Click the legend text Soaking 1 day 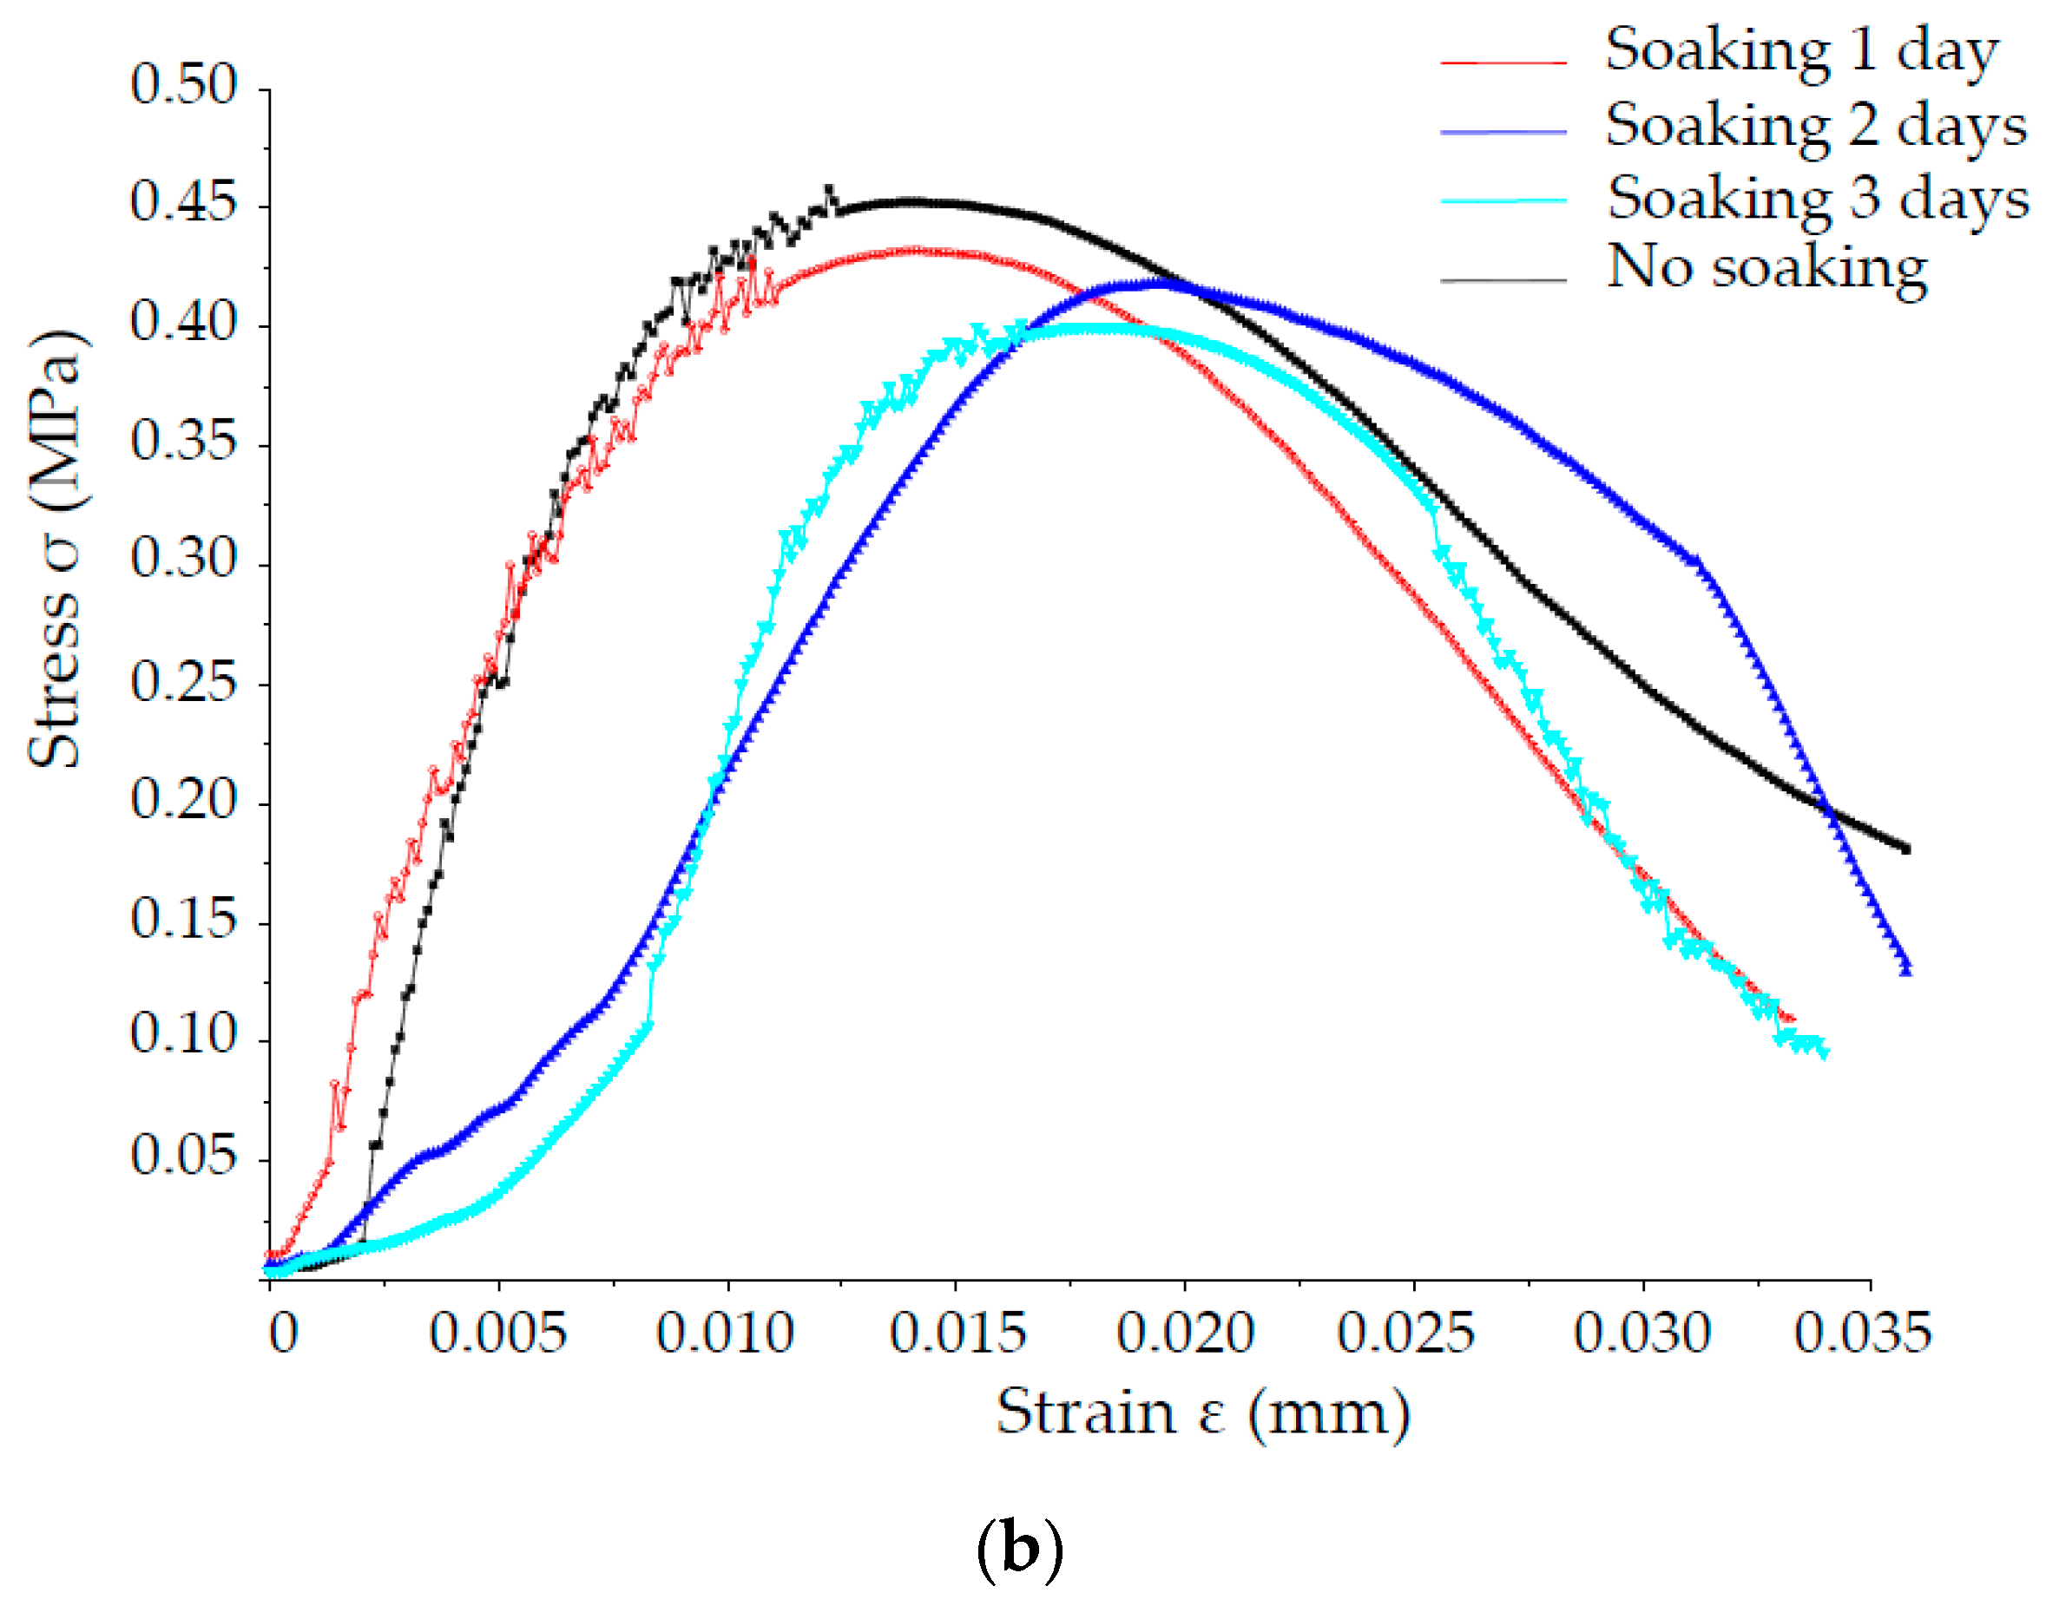[1800, 51]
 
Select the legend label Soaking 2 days [1814, 126]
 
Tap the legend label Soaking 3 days [1817, 200]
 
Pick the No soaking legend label [1766, 269]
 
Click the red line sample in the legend [1503, 62]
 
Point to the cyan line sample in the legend [1503, 201]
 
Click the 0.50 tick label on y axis [184, 85]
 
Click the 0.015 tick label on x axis [957, 1334]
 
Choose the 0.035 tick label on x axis [1862, 1334]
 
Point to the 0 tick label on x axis [283, 1334]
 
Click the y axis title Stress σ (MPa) [56, 549]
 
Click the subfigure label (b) [1020, 1550]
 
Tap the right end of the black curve [1906, 849]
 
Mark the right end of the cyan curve [1824, 1053]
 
